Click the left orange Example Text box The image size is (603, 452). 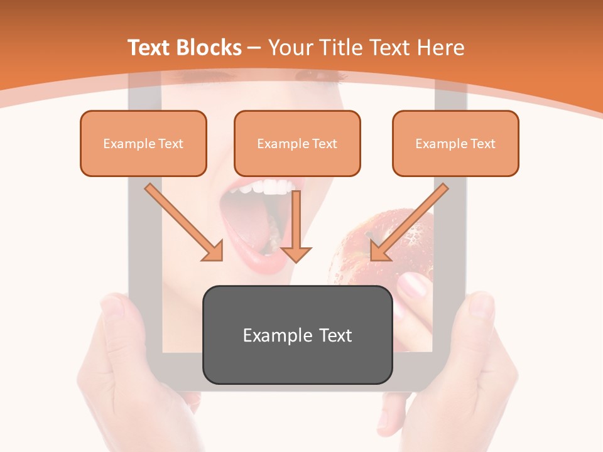[143, 143]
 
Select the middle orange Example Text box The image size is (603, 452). [297, 143]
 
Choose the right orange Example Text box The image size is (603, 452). [455, 143]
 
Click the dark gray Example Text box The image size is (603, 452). [297, 335]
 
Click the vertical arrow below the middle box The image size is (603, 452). [296, 227]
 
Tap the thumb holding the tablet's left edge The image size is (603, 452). [114, 314]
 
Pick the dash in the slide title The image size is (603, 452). [254, 48]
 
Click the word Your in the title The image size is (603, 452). [289, 48]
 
